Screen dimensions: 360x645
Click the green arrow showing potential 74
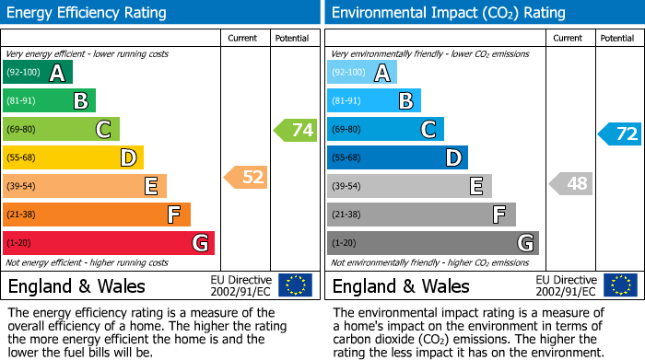pos(296,130)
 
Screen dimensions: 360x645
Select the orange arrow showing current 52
pos(247,177)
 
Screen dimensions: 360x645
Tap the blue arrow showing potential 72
pos(620,134)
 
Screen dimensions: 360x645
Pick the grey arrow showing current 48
pos(571,183)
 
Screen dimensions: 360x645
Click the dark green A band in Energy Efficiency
pos(38,73)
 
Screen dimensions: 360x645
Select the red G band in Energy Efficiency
pos(109,243)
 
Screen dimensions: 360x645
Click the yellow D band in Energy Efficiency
pos(74,158)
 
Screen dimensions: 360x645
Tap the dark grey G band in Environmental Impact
pos(432,243)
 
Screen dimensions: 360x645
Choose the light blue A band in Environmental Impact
pos(362,73)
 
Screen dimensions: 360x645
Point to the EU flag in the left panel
pos(295,285)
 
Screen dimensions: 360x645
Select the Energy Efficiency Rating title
pos(88,13)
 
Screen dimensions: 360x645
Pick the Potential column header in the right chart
pos(616,38)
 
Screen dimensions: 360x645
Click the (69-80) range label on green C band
pos(21,130)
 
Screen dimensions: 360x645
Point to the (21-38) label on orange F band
pos(21,215)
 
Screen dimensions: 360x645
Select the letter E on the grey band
pos(476,186)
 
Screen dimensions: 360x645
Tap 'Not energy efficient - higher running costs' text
pos(88,262)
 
